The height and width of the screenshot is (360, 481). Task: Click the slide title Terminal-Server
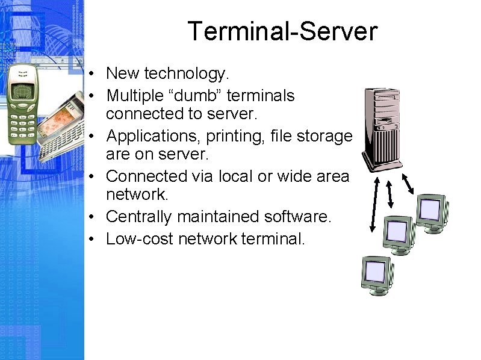(x=282, y=31)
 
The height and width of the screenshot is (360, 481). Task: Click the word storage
(x=324, y=136)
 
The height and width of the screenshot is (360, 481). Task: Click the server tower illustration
(x=381, y=127)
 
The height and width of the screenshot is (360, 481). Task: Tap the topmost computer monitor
(x=430, y=211)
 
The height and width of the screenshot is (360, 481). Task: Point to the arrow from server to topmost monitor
(x=407, y=184)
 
